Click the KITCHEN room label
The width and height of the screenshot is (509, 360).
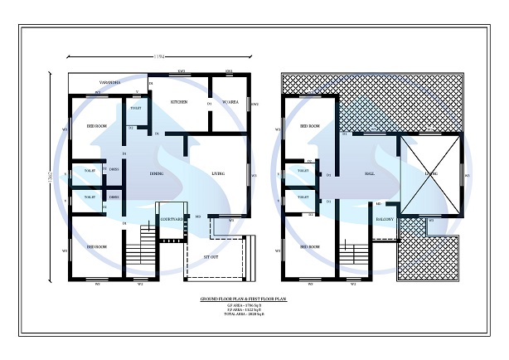[x=179, y=102]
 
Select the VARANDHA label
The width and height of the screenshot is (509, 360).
[x=110, y=84]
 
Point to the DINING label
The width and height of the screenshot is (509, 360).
[x=156, y=173]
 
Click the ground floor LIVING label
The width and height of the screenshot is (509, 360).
[x=219, y=173]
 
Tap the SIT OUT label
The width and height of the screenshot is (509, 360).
[x=211, y=258]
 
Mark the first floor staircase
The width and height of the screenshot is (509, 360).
[x=355, y=258]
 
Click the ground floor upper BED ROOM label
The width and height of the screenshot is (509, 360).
[x=96, y=126]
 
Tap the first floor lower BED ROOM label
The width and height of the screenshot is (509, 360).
[x=310, y=246]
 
